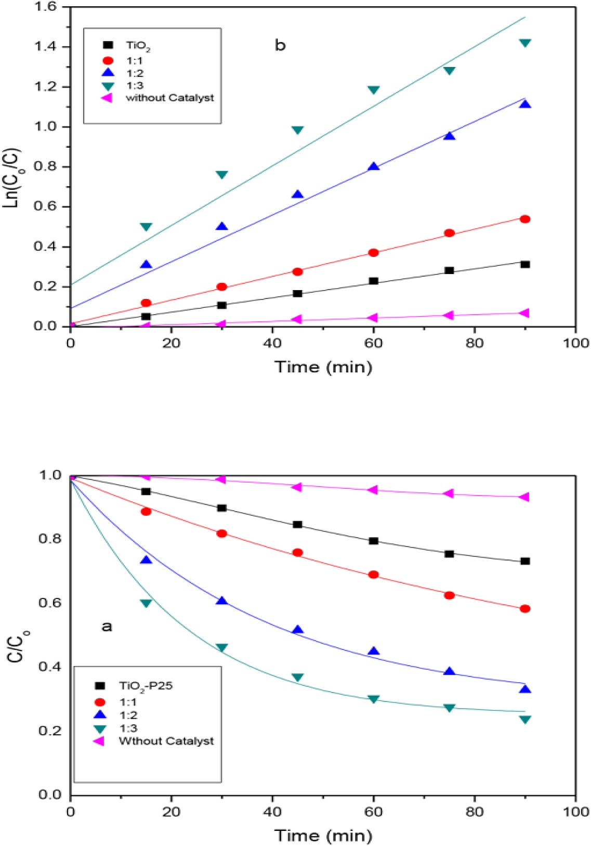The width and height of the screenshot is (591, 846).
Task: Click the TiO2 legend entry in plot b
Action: pos(137,46)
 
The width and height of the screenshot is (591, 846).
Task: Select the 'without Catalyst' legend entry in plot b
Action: pos(169,98)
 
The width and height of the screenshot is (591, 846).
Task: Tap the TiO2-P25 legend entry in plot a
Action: pos(145,686)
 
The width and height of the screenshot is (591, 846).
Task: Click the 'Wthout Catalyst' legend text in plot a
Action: pos(166,741)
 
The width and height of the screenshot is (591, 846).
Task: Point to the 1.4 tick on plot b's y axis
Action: pos(45,47)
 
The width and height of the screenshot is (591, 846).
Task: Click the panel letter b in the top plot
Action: pos(280,46)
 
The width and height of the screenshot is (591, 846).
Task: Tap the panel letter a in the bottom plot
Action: pos(106,626)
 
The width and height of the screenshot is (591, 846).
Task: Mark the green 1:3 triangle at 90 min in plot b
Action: pos(525,43)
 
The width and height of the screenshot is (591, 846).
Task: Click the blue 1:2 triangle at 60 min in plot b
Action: pos(373,166)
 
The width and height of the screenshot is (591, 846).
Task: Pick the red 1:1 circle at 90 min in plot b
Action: pos(525,219)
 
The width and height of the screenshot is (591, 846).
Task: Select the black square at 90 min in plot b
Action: pos(525,264)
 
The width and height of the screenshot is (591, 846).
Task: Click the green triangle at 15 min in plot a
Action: pos(146,603)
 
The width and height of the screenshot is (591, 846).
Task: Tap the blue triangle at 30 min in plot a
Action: pos(222,601)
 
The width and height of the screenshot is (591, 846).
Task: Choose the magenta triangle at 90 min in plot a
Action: pos(524,497)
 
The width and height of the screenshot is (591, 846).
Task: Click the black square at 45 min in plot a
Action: pos(297,524)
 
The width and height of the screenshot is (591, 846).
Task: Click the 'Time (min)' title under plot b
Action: pos(323,367)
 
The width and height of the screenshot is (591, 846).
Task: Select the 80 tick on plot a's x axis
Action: pos(474,812)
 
